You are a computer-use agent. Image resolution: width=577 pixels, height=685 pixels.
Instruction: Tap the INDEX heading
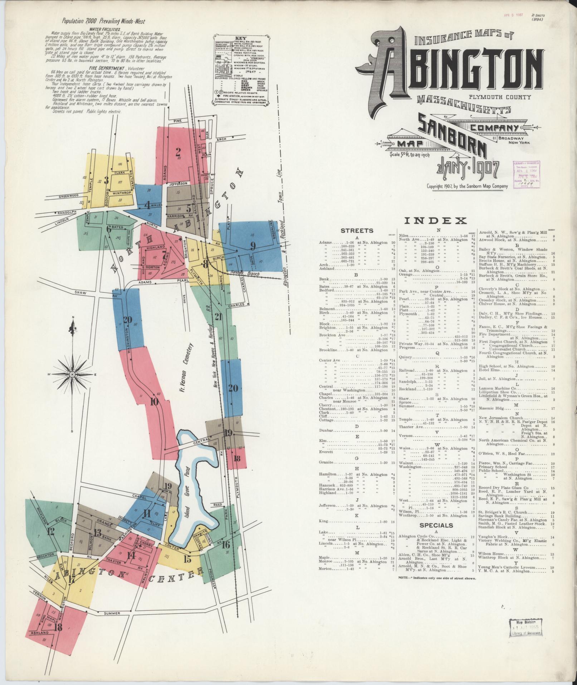(x=435, y=221)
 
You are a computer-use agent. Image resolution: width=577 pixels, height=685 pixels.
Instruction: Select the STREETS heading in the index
(x=357, y=231)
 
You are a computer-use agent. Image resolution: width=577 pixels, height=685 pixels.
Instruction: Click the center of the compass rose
(x=72, y=374)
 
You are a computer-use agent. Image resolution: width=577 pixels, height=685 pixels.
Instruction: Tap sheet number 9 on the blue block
(x=253, y=246)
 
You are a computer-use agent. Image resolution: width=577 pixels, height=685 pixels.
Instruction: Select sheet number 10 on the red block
(x=155, y=402)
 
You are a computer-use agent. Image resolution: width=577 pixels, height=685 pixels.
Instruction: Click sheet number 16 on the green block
(x=225, y=545)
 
